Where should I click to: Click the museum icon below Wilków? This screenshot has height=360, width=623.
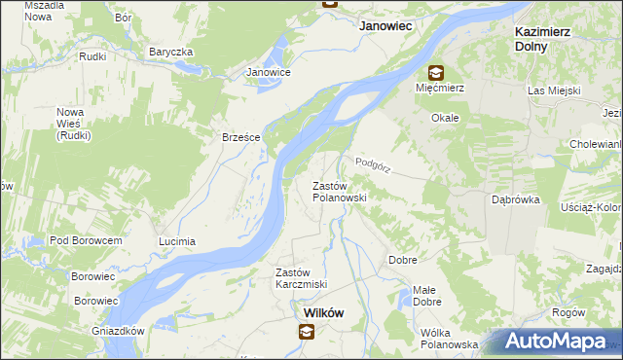coord(307,333)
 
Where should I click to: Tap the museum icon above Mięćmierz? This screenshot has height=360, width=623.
coord(434,72)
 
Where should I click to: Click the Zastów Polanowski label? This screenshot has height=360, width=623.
coord(339,191)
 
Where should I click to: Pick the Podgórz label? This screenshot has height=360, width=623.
coord(373,164)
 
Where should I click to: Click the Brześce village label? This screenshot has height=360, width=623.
coord(240,137)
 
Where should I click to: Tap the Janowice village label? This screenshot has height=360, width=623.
coord(269,72)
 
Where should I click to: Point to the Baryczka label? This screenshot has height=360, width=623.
coord(171,52)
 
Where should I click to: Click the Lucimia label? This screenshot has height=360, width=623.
coord(177,240)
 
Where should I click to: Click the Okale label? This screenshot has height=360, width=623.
coord(446,117)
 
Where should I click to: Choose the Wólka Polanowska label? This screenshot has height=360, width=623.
coord(449,338)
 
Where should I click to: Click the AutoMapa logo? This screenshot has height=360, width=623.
coord(559,342)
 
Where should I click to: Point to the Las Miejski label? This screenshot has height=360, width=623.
coord(554,90)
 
